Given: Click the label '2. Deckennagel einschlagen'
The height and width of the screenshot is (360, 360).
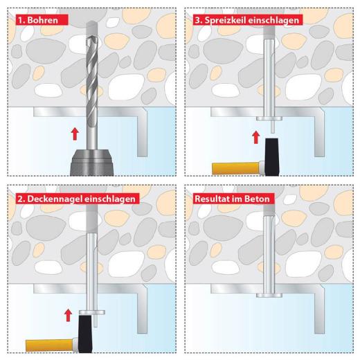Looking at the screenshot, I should pyautogui.click(x=77, y=198).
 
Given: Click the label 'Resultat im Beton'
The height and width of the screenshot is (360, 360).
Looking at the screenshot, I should pyautogui.click(x=232, y=198).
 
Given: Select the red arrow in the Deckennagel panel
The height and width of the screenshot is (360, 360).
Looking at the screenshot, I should pyautogui.click(x=67, y=316).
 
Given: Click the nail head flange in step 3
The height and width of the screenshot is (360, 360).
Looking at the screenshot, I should pyautogui.click(x=267, y=118).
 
